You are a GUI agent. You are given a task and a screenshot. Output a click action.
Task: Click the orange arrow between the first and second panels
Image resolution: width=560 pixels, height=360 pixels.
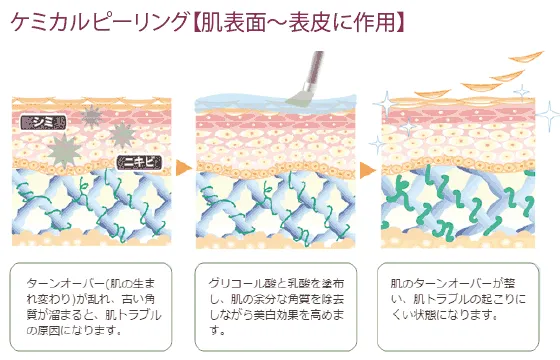coord(184,167)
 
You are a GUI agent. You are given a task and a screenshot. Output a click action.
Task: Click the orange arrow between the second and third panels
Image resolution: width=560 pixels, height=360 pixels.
coord(368,167)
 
